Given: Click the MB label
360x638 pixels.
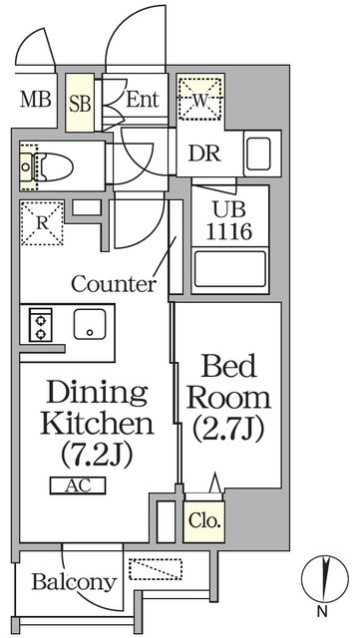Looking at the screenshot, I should click(x=36, y=100).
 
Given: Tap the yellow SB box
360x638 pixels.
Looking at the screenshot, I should click(x=81, y=102).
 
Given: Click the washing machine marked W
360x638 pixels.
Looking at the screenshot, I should click(x=200, y=100).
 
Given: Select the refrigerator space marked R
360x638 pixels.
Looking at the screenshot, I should click(x=42, y=223).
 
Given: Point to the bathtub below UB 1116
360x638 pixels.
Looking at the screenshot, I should click(x=229, y=269).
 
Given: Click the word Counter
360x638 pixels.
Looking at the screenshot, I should click(x=114, y=283).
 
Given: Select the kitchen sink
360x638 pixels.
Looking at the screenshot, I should click(x=91, y=324).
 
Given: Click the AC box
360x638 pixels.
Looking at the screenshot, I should click(x=74, y=485).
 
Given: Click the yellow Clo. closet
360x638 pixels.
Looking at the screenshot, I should click(x=204, y=519).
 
